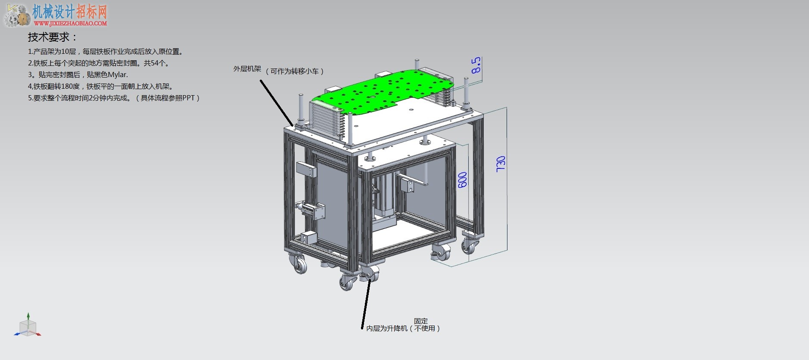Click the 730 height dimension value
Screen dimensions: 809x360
tap(501, 164)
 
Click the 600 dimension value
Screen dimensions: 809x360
tap(463, 180)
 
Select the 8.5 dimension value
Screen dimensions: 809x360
tap(476, 65)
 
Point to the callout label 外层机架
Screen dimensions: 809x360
tap(247, 69)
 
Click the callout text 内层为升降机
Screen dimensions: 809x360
tap(387, 329)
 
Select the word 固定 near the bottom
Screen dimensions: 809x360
tap(421, 321)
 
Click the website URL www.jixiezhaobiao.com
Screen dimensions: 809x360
tap(70, 23)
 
